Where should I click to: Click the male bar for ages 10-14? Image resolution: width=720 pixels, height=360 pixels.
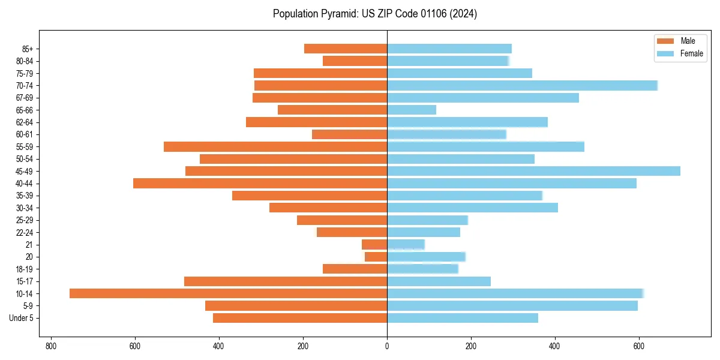point(228,293)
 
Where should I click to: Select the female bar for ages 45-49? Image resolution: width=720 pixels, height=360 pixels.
point(533,171)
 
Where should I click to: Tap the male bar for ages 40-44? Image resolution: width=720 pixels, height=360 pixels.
point(260,184)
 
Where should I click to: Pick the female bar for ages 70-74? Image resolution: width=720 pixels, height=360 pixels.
point(522,85)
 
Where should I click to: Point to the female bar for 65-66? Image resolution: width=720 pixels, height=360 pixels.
point(412,110)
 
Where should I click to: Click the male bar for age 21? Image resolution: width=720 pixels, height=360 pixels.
point(374,245)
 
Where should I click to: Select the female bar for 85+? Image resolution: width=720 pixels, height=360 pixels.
point(449,49)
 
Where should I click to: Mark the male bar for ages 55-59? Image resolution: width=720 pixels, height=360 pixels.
point(275,146)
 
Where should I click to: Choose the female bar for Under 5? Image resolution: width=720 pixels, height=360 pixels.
point(463,318)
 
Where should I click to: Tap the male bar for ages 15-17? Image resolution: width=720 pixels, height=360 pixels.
point(286,281)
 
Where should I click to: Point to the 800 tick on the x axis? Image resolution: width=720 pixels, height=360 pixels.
point(51,346)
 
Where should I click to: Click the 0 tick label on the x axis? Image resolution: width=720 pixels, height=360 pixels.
point(387,346)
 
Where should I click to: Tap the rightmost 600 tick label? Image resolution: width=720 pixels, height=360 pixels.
point(639,346)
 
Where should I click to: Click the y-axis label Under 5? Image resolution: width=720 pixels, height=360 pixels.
point(21,318)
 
